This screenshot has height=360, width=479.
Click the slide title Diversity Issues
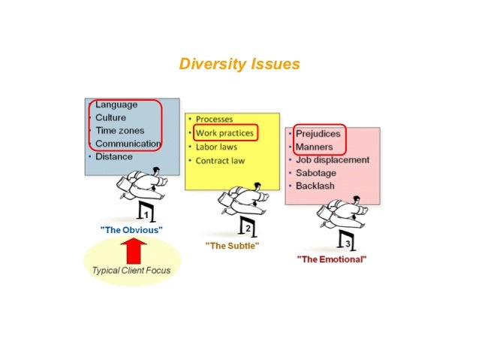point(239,64)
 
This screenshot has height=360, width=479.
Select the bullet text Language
point(116,105)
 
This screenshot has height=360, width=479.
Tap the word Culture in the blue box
point(110,118)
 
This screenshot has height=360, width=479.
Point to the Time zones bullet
point(119,131)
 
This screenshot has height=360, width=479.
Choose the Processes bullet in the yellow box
point(214,119)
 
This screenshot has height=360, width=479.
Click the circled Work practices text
point(224,133)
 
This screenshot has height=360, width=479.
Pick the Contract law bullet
point(220,161)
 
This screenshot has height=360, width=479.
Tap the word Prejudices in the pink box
point(318,134)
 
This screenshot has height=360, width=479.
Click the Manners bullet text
point(315,147)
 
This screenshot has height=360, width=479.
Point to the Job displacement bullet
point(332,160)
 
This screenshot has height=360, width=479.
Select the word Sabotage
point(316,173)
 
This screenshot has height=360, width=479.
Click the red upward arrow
point(132,250)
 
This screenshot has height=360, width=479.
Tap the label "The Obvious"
point(131,228)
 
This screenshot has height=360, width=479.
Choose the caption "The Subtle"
point(232,246)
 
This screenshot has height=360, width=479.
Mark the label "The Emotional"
point(332,259)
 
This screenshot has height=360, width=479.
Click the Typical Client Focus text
point(131,271)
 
